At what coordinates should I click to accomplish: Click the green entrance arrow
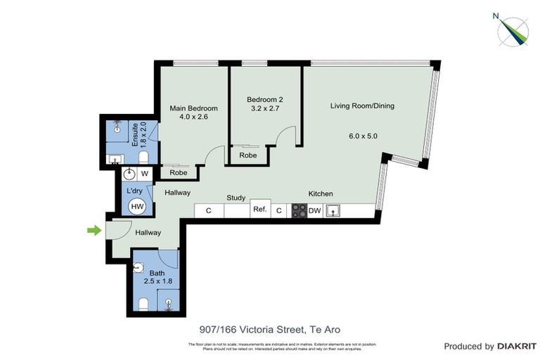click(92, 230)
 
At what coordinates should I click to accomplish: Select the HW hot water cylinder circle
click(138, 206)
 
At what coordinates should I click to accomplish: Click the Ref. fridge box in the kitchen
click(259, 210)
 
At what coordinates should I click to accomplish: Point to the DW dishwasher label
click(314, 210)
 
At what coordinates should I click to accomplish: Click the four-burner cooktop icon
click(299, 210)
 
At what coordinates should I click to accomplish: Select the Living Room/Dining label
click(362, 106)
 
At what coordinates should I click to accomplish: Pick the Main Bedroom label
click(193, 108)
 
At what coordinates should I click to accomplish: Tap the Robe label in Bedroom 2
click(247, 155)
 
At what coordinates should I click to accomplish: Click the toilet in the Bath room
click(143, 303)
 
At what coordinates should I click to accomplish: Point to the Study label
click(235, 198)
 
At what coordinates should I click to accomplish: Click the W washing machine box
click(144, 174)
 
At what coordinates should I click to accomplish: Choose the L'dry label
click(135, 191)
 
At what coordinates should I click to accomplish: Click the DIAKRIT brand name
click(517, 347)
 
